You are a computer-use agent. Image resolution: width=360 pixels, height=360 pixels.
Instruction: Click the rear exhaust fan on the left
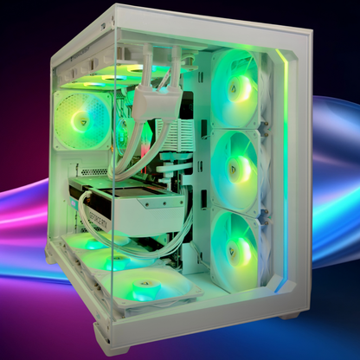tap(82, 122)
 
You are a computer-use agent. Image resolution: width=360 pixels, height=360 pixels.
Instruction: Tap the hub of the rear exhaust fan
tap(83, 122)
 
